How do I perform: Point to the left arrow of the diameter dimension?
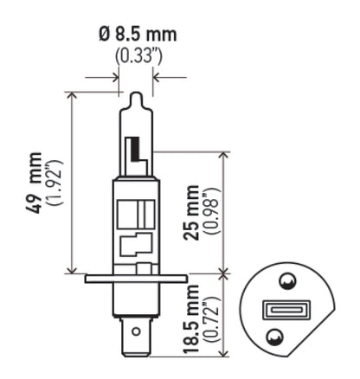coord(113,77)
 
